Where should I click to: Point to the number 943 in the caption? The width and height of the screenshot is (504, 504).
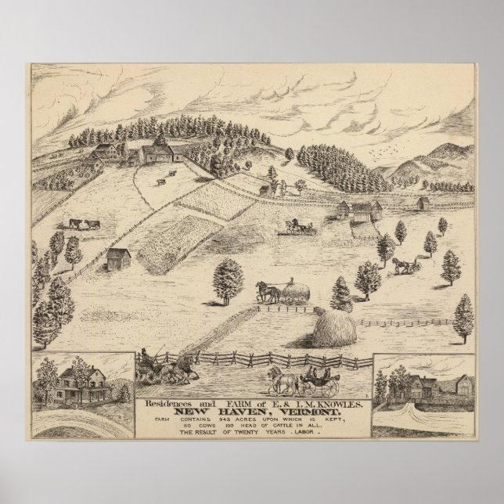[x=209, y=421]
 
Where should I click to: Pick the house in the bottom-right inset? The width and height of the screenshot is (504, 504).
[x=430, y=385]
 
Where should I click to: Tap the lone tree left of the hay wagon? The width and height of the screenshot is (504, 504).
[x=229, y=277]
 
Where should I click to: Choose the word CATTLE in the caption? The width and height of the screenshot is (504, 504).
[x=294, y=429]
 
